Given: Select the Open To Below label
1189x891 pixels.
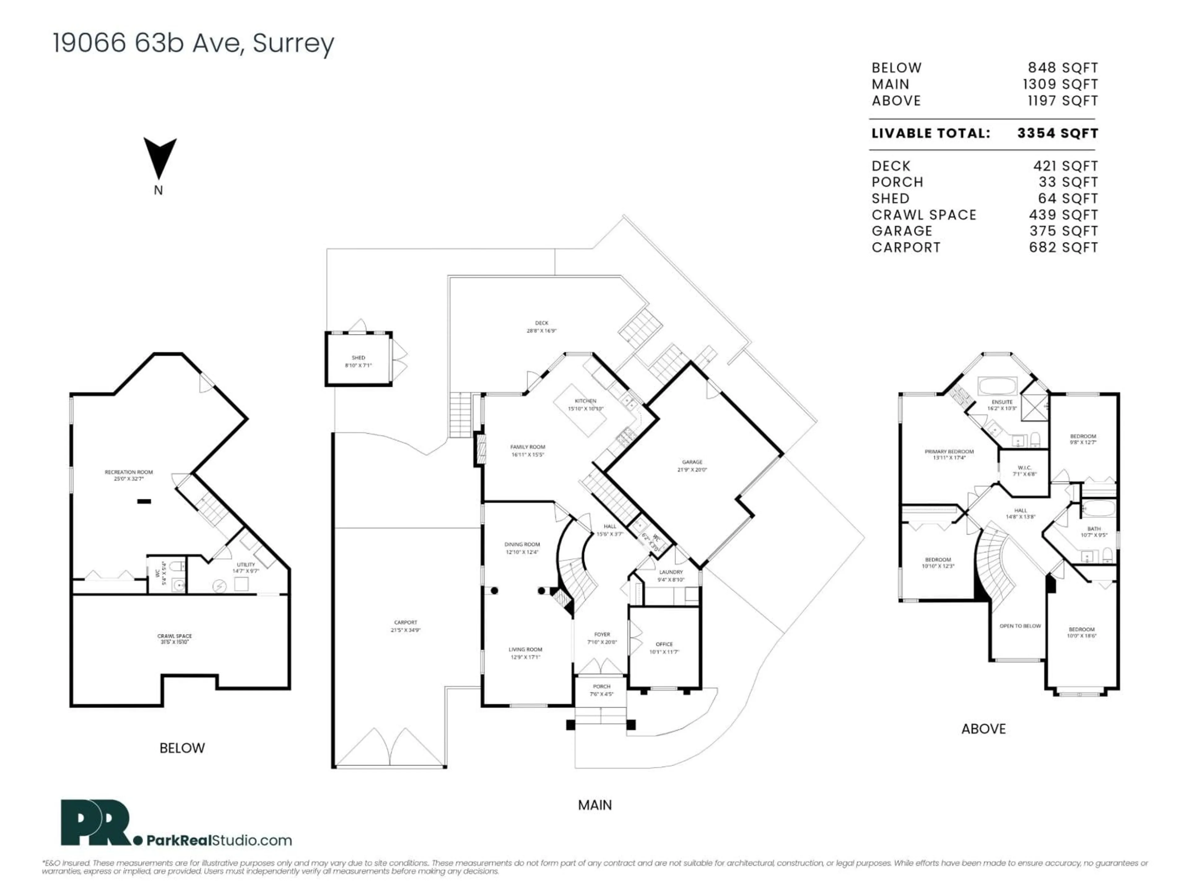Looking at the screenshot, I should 1020,626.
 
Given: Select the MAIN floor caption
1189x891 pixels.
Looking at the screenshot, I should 594,805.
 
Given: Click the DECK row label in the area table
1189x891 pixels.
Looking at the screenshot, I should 891,166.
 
